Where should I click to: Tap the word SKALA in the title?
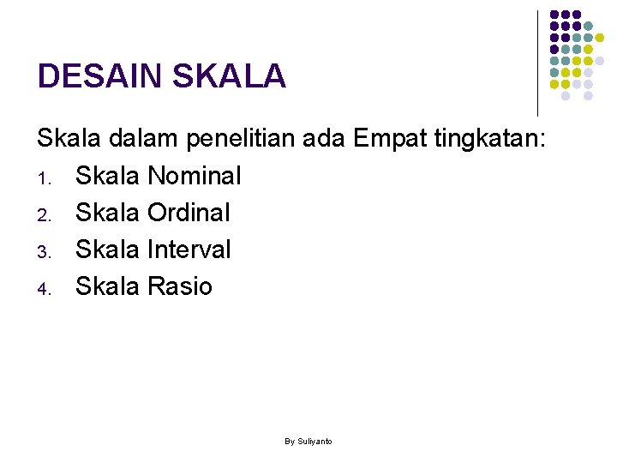[x=229, y=77]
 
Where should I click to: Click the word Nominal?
[x=195, y=176]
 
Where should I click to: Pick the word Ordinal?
[x=189, y=213]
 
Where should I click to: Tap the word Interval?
[x=189, y=250]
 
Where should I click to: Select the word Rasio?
[x=180, y=286]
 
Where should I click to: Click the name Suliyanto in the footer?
[x=314, y=442]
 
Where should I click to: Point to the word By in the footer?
[x=290, y=442]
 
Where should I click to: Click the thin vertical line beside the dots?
[x=537, y=63]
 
